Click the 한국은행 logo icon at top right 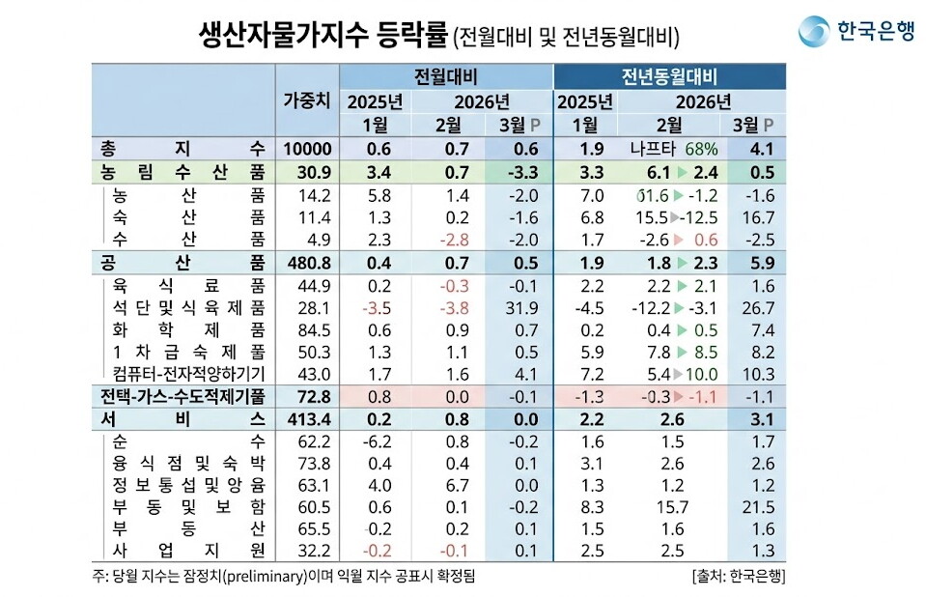click(813, 32)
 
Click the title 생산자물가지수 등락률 click(308, 36)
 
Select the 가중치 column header click(307, 100)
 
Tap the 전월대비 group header click(446, 77)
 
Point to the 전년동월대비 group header click(669, 77)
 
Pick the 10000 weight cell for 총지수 click(307, 149)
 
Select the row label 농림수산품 click(182, 172)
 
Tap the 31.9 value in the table click(521, 308)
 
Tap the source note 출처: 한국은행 click(738, 577)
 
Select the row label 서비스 click(182, 418)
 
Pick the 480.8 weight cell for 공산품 click(307, 263)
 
